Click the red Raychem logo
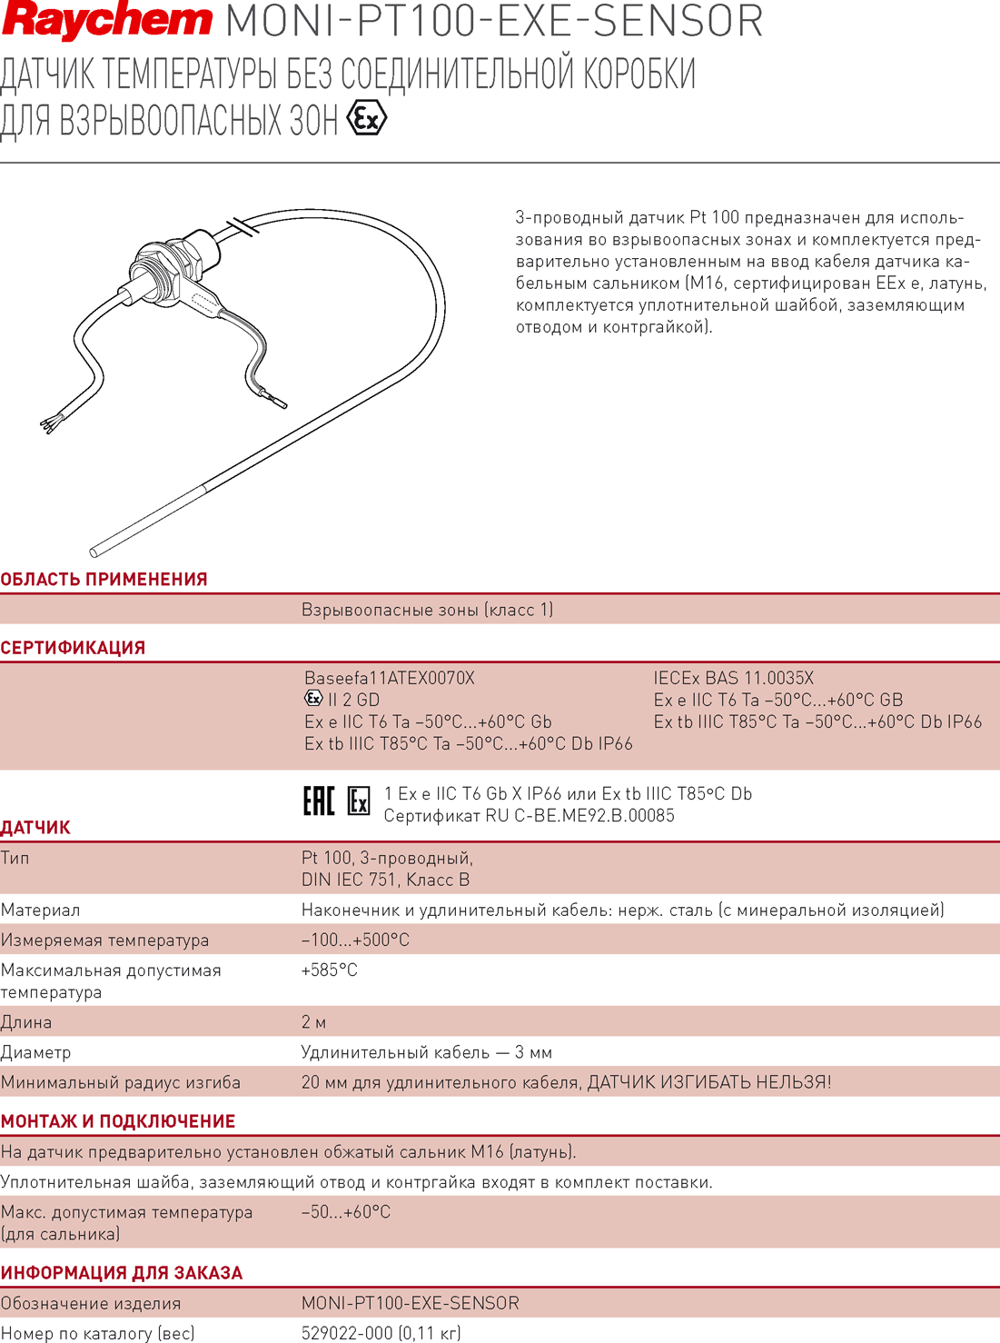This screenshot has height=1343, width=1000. coord(107,21)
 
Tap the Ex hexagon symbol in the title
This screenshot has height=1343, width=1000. coord(366,119)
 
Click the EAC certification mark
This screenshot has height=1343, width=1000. coord(319,801)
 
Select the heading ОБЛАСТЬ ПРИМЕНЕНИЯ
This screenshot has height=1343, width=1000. coord(104,580)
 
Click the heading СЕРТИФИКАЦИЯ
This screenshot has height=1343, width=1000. coord(73,648)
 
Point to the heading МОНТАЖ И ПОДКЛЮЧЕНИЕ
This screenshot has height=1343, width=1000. coord(118,1121)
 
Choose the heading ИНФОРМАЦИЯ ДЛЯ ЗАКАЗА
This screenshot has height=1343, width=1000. coord(122,1273)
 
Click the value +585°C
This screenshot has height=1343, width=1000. coord(330,970)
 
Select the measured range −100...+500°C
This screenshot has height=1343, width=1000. coord(355,940)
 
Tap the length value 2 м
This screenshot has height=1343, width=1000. coord(313,1022)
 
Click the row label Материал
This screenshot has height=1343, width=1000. coord(40,910)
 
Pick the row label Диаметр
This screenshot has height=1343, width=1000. coord(35,1053)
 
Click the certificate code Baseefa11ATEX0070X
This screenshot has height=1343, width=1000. coord(390,679)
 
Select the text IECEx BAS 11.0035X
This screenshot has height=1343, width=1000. coord(733,679)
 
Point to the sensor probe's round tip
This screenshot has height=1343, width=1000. coord(94,552)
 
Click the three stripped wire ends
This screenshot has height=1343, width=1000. coord(48,424)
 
